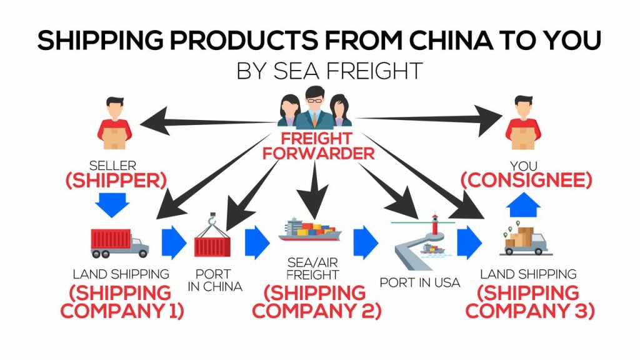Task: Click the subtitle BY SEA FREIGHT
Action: click(329, 70)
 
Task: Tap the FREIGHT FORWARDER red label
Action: click(319, 145)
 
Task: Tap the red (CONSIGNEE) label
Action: click(526, 181)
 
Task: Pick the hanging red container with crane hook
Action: click(213, 237)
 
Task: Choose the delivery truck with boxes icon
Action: click(524, 241)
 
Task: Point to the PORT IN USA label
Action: click(419, 282)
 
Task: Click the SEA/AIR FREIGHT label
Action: click(312, 268)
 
